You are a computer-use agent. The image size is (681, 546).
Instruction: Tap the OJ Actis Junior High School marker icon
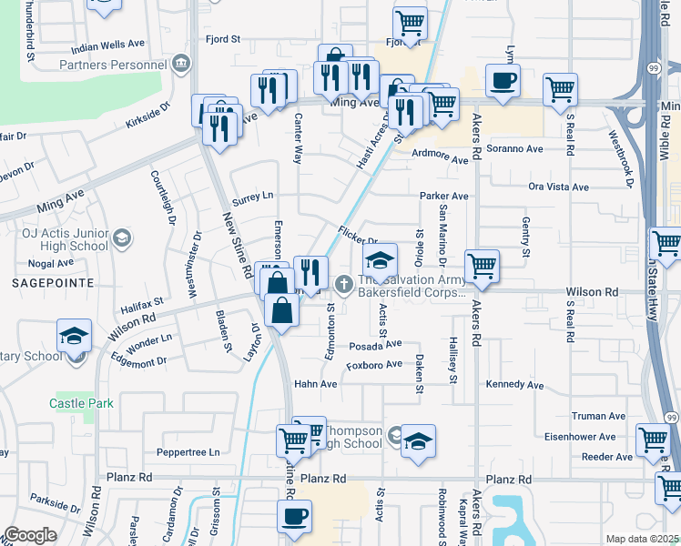pos(121,240)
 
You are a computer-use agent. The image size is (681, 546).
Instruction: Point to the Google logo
pos(30,535)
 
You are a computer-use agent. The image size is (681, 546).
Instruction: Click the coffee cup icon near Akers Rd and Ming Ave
pos(503,81)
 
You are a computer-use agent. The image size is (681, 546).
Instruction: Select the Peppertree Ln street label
pos(189,452)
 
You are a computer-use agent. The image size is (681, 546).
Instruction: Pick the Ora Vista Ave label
pos(558,187)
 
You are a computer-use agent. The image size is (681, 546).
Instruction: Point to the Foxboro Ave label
pos(373,365)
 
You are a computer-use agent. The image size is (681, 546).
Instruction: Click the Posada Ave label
pos(374,344)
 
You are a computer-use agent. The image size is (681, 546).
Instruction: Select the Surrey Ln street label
pos(253,196)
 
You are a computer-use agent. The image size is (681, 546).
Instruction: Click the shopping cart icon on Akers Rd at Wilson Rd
pos(481,267)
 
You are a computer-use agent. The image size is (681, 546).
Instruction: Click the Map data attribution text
pos(642,539)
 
